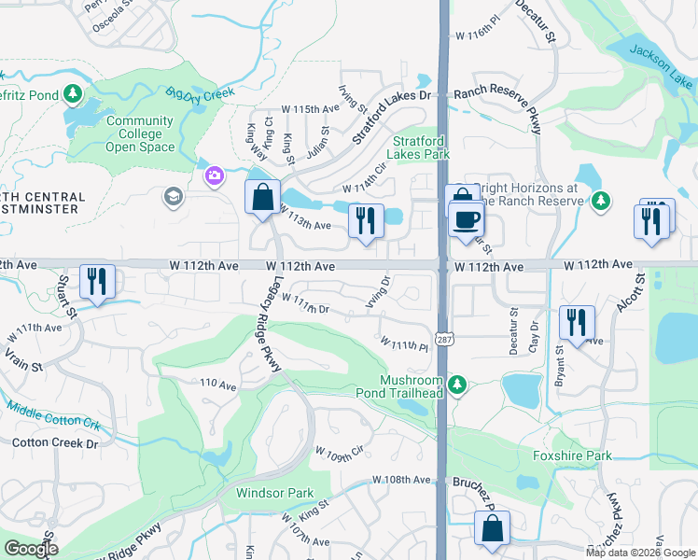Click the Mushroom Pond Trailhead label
click(412, 387)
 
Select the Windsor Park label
click(274, 493)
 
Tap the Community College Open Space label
click(140, 133)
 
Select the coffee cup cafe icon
click(466, 220)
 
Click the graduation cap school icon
click(173, 196)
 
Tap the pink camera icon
click(215, 175)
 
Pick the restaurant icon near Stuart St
click(97, 280)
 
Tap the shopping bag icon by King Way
click(262, 197)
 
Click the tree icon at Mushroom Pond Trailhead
click(456, 384)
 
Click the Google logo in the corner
click(31, 549)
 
